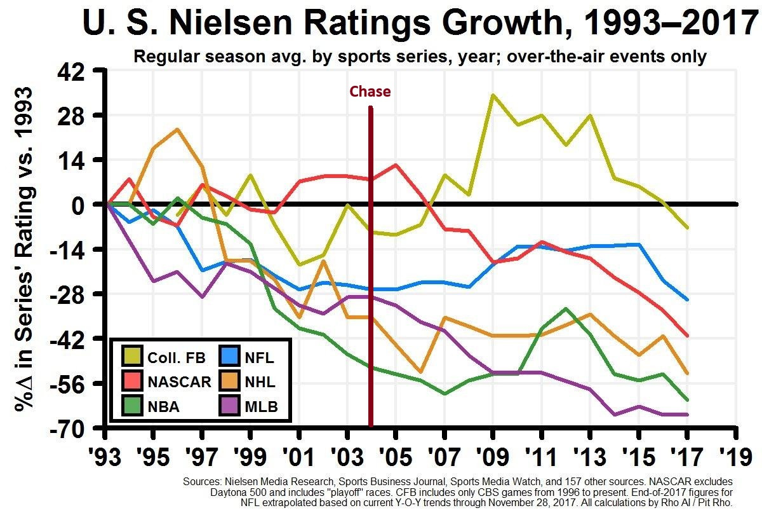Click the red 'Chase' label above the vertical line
point(370,92)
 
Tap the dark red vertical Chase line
point(370,267)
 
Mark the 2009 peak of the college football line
point(493,95)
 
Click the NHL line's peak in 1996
point(177,129)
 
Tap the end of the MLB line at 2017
point(687,415)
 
